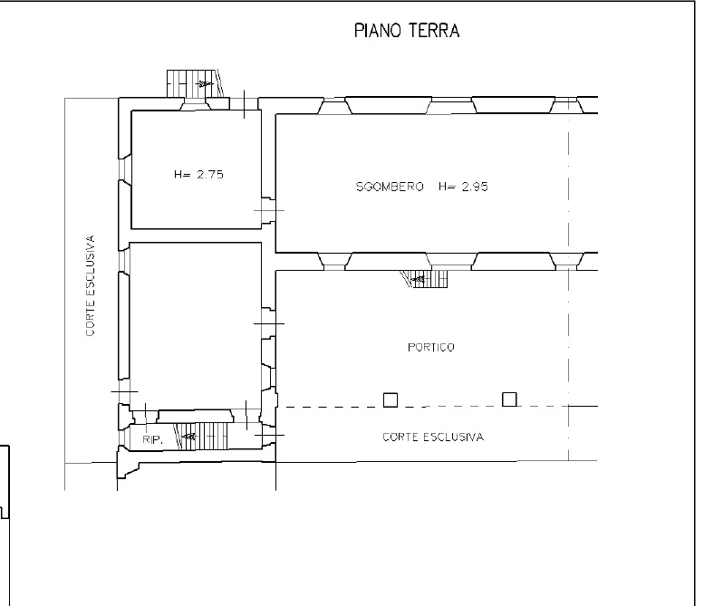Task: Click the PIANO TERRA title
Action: click(x=407, y=31)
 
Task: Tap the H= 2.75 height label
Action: click(x=198, y=174)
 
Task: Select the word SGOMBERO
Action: click(x=390, y=187)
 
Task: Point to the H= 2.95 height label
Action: click(x=463, y=187)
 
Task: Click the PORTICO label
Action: click(x=431, y=347)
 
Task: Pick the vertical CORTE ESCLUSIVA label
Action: click(x=91, y=285)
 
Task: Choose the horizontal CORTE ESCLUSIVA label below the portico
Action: click(x=433, y=437)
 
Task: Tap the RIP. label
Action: click(x=152, y=440)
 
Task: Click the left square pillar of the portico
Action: click(x=391, y=399)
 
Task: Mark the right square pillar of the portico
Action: click(x=509, y=399)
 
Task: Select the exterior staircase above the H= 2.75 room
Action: click(x=195, y=83)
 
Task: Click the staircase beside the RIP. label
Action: click(x=201, y=436)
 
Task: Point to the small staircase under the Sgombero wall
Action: click(x=424, y=279)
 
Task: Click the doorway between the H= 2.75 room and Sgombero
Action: click(x=268, y=210)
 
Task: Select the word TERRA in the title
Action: click(x=434, y=31)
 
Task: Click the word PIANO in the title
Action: click(x=378, y=31)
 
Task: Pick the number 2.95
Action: click(x=475, y=187)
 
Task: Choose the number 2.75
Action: click(x=210, y=174)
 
